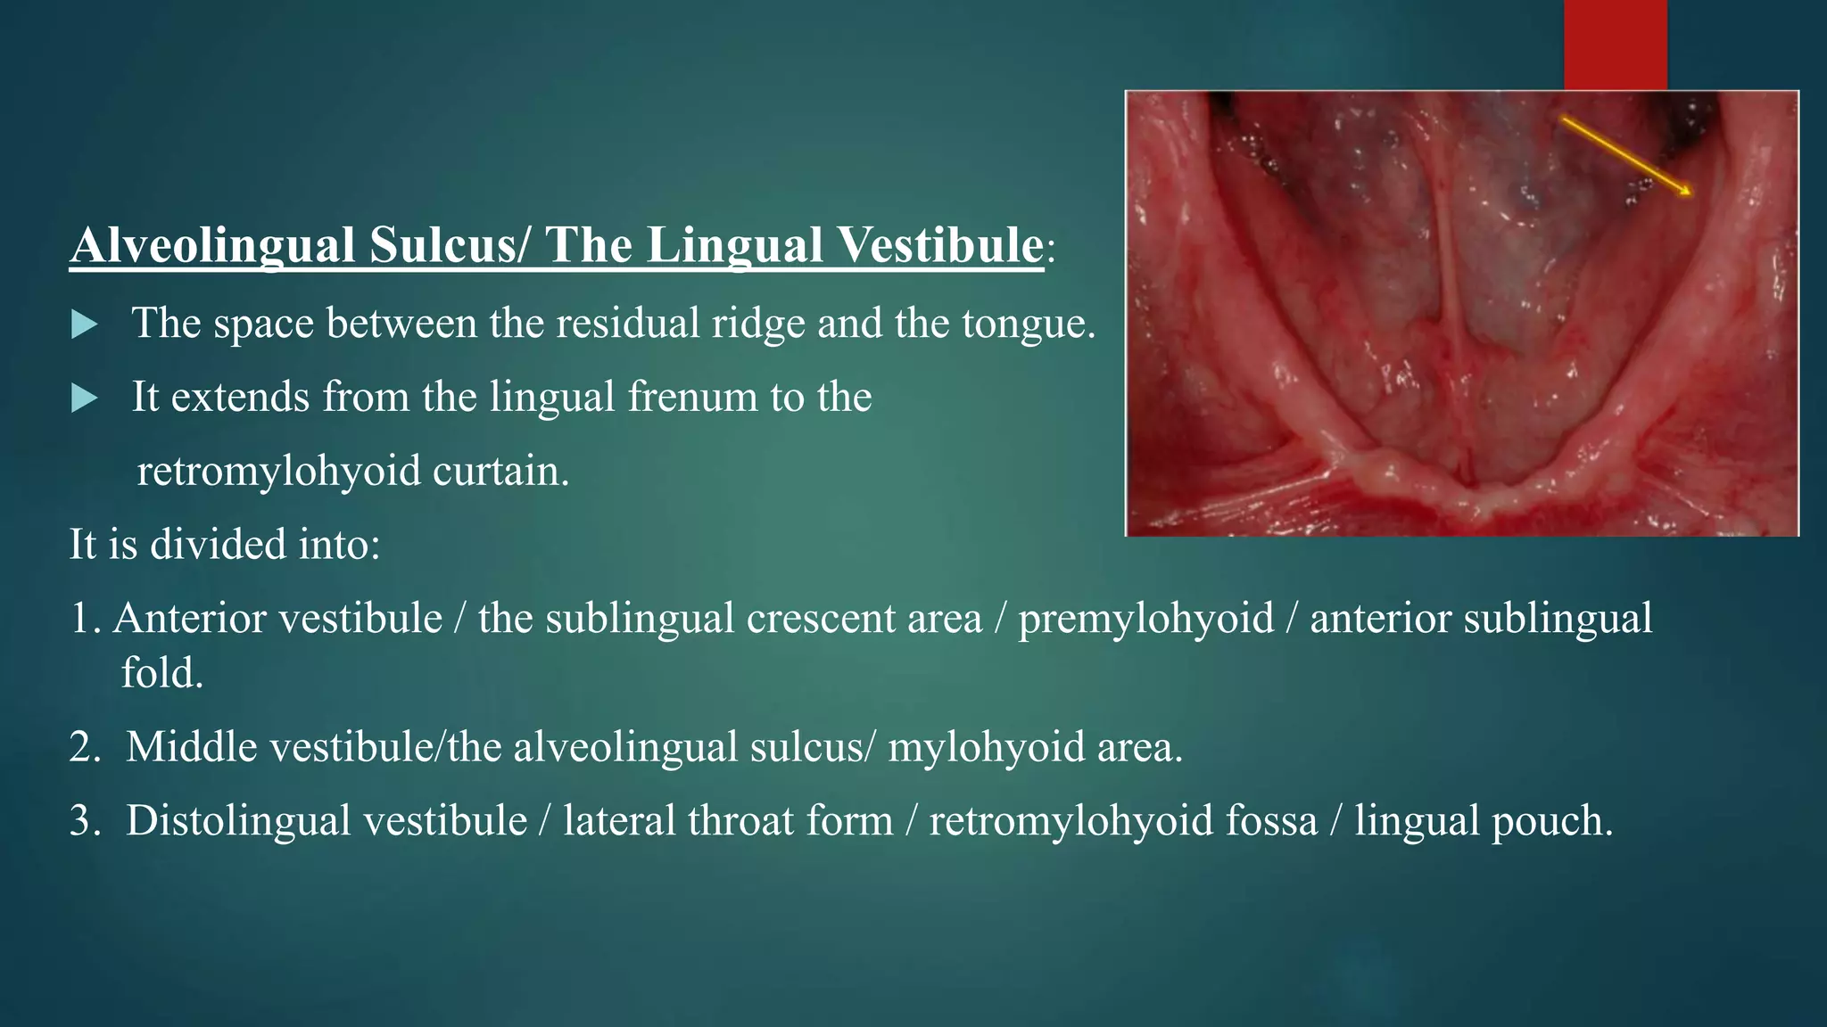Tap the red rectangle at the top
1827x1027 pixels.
[x=1615, y=45]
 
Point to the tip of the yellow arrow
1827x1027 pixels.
[x=1691, y=194]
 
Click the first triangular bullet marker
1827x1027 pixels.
[x=84, y=325]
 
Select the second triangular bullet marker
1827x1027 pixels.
[x=84, y=398]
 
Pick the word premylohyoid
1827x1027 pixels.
[x=1145, y=619]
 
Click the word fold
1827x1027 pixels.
[x=161, y=674]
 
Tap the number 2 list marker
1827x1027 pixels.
[x=85, y=747]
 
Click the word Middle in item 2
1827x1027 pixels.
[x=191, y=747]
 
